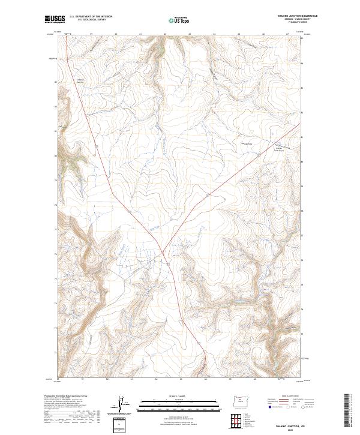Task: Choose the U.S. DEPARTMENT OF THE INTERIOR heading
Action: click(91, 17)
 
